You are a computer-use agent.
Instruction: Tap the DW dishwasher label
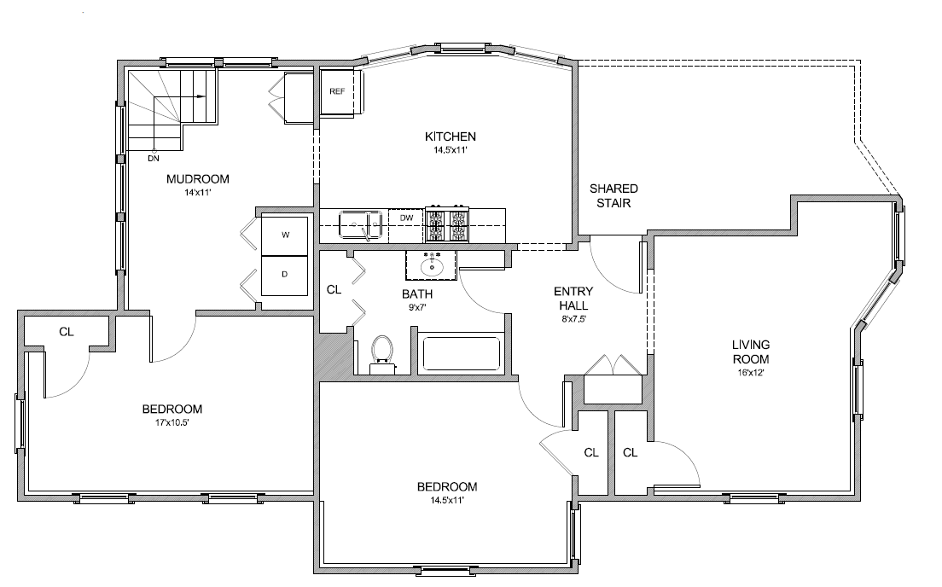click(x=407, y=218)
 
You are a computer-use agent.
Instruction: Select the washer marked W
click(x=285, y=235)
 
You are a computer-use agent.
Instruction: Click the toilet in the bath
click(x=381, y=354)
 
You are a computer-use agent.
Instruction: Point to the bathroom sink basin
click(x=432, y=265)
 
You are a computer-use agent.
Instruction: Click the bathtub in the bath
click(x=462, y=354)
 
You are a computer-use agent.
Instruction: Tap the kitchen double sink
click(x=360, y=224)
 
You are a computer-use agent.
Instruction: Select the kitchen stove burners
click(x=447, y=224)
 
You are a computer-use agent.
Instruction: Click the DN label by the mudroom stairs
click(x=154, y=159)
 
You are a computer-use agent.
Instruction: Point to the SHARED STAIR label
click(x=613, y=196)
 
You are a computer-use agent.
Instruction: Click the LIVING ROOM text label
click(x=751, y=352)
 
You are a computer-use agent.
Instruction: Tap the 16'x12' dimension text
click(x=751, y=373)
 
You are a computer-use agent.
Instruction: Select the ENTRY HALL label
click(x=573, y=299)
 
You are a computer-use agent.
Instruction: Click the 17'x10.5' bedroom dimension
click(x=172, y=422)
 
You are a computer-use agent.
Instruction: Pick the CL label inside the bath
click(x=334, y=289)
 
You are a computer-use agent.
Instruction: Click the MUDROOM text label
click(x=198, y=179)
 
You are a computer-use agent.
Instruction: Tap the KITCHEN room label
click(x=451, y=137)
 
